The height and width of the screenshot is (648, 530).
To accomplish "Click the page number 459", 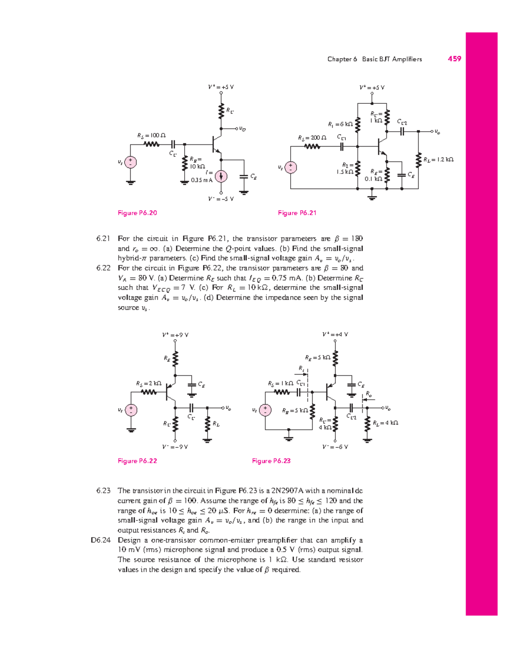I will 454,59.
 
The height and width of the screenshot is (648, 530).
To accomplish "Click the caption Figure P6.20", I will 137,213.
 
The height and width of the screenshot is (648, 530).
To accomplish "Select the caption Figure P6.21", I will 297,213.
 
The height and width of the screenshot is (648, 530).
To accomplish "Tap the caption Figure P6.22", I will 137,461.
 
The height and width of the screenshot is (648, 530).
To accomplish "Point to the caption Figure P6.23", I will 271,461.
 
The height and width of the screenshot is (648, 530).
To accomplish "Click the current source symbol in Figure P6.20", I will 221,176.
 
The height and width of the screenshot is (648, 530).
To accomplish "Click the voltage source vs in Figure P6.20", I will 130,162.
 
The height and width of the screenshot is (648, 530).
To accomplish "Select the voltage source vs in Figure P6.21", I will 291,167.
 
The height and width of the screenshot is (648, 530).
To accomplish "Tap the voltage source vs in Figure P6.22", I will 131,410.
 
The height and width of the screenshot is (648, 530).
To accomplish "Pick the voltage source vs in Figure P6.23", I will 265,410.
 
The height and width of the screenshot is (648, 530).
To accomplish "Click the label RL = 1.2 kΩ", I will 438,159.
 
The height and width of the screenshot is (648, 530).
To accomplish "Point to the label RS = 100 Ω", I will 151,135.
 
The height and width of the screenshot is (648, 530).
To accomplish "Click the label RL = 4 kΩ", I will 386,423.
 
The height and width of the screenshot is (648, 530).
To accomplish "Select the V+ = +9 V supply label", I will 175,335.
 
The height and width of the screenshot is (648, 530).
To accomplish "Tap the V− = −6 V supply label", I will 335,447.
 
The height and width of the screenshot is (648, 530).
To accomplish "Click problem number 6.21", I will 103,239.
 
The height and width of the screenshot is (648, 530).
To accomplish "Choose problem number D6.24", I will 100,540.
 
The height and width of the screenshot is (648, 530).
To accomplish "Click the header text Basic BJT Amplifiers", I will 392,59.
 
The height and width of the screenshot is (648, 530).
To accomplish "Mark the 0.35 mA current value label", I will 201,180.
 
